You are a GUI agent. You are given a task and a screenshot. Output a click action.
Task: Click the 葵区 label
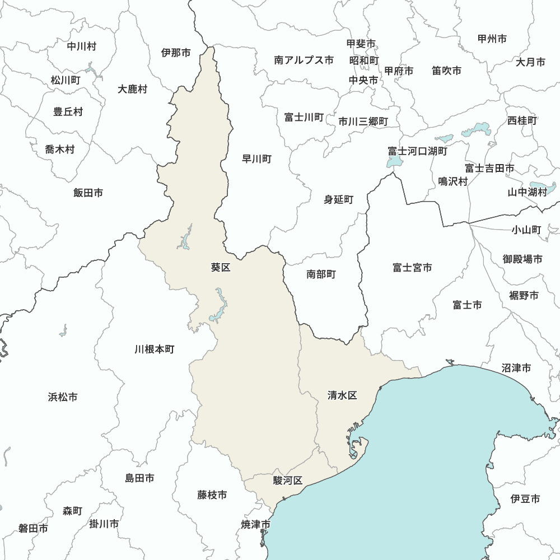click(221, 268)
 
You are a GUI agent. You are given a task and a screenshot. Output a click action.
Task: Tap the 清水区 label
click(342, 395)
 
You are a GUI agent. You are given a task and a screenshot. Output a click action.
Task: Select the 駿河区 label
click(288, 480)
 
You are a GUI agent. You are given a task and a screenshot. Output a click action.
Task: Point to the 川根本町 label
click(155, 349)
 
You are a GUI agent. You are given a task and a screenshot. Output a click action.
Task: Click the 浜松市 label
click(63, 397)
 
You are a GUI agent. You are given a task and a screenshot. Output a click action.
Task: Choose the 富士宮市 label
click(412, 268)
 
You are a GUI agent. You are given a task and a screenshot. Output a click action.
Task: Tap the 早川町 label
click(256, 159)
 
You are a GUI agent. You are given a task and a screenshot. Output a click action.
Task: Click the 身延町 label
click(339, 199)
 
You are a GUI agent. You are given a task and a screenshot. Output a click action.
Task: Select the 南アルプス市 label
click(304, 59)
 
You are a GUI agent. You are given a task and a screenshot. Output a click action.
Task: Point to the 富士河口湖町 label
click(418, 151)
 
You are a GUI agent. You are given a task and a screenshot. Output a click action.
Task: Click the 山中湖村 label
click(527, 192)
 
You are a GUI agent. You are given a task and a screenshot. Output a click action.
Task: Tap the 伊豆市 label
click(525, 498)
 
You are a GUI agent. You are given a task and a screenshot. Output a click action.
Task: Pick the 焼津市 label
click(256, 524)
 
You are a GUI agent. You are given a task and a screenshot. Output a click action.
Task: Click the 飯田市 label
click(88, 193)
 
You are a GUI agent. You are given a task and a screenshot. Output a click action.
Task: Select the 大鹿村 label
click(133, 88)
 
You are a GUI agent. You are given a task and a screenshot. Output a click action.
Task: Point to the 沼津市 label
click(516, 368)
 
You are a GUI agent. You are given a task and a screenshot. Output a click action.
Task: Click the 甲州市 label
click(492, 39)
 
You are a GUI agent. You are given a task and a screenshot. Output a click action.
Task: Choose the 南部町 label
click(321, 274)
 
